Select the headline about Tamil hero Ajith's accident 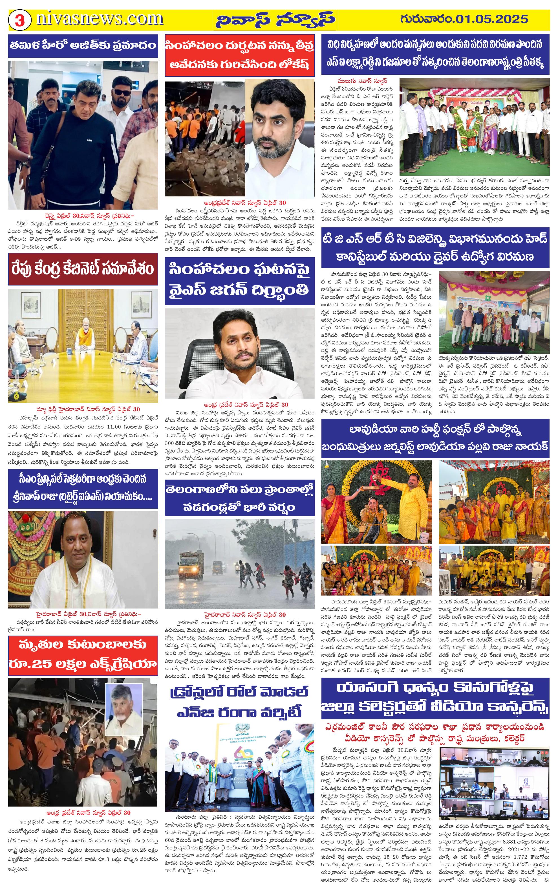tap(83, 46)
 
